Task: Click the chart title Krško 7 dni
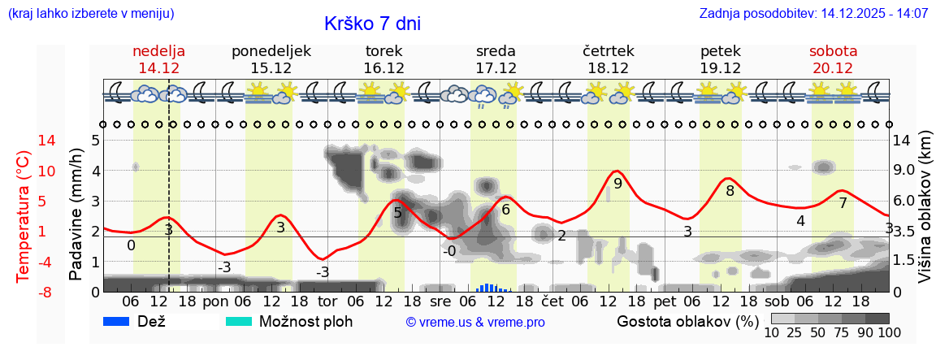(x=372, y=24)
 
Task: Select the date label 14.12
(x=159, y=68)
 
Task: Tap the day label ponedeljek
(x=271, y=50)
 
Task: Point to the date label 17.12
(x=496, y=68)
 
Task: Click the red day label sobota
(x=833, y=50)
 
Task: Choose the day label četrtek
(x=609, y=50)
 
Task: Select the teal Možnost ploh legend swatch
(x=239, y=321)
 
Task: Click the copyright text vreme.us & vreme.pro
(x=475, y=322)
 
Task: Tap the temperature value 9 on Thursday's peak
(x=617, y=184)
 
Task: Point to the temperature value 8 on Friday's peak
(x=730, y=191)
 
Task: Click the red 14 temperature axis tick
(x=24, y=141)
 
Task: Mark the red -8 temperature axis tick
(x=24, y=292)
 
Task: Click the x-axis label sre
(x=440, y=301)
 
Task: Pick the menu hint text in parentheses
(x=90, y=14)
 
